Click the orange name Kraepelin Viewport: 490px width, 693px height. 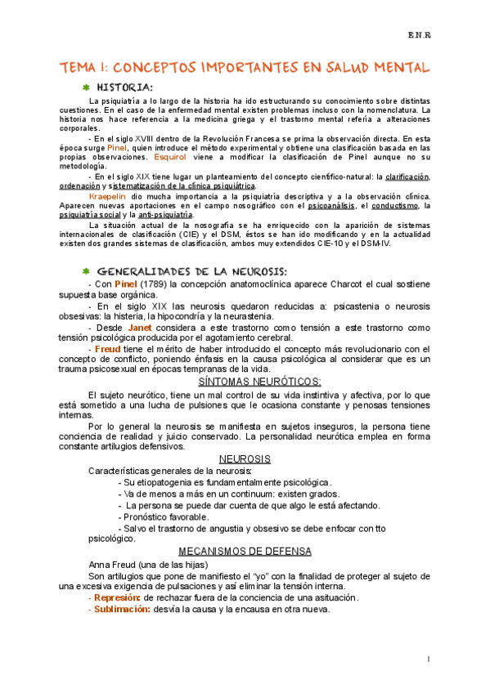click(x=107, y=196)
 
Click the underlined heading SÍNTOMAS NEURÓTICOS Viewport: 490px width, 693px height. click(x=260, y=381)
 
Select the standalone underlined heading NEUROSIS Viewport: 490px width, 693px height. click(x=245, y=459)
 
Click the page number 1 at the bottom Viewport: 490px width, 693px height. click(x=428, y=658)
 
